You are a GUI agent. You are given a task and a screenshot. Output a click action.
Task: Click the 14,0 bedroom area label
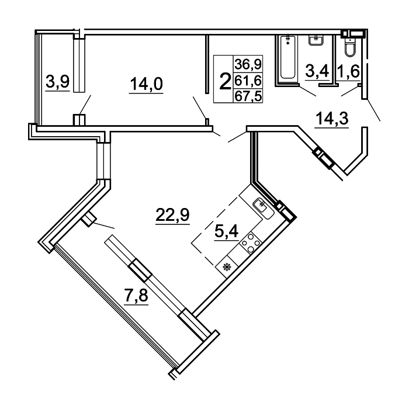tap(146, 84)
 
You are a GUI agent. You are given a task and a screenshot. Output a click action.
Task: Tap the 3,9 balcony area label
tap(57, 81)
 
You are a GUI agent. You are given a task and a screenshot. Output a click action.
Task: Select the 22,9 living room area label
tap(172, 215)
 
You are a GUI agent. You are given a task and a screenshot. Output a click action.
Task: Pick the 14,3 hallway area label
tap(332, 118)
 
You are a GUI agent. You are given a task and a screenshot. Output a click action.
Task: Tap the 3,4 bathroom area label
tap(317, 71)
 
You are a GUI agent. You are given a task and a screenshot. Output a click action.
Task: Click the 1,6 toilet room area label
tap(348, 71)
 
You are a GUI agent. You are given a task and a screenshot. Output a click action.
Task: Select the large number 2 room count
tap(225, 81)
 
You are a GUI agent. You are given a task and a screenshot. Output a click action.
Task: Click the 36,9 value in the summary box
tap(248, 64)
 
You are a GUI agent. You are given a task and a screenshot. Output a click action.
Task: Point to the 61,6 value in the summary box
tap(248, 81)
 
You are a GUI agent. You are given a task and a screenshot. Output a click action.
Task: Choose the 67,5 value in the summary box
tap(248, 96)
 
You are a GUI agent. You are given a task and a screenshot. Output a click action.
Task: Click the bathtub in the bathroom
tap(287, 57)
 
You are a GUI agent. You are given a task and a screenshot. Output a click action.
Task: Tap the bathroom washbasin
tap(316, 40)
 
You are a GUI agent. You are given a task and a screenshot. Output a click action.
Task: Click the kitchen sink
tap(264, 208)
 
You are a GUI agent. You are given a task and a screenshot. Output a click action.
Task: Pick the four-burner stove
tap(251, 242)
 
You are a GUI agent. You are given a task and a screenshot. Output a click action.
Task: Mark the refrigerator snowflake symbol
tap(227, 267)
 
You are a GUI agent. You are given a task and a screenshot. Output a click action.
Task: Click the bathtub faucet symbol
tap(287, 40)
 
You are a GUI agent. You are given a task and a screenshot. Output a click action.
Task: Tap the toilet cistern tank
tap(350, 40)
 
